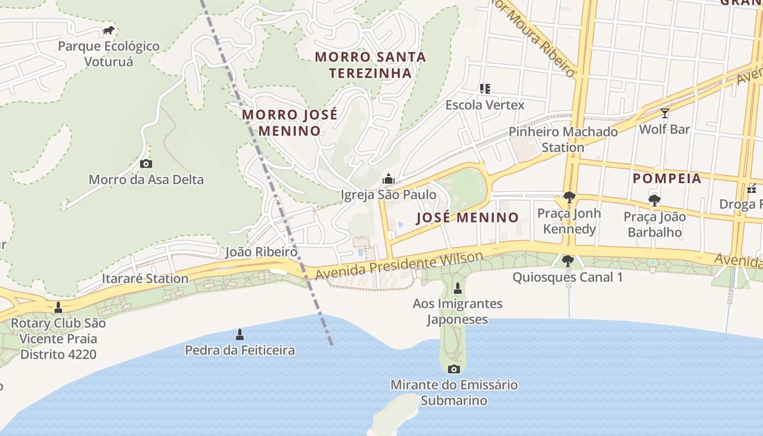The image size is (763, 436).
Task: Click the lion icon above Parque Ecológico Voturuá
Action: coord(108,31)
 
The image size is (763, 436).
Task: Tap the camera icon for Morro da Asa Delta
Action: coord(146,163)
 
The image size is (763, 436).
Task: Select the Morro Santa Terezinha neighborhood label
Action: coord(370,65)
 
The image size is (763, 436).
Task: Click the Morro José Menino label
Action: coord(289,123)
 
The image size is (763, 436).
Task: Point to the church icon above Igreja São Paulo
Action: coord(388,179)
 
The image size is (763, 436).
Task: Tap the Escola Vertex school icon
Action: coord(485,88)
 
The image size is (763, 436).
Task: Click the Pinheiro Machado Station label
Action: coord(563,140)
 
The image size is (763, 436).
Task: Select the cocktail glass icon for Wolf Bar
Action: coord(664,113)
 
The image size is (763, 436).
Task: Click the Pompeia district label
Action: coord(667,179)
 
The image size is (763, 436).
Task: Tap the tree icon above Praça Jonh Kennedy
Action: coord(570,197)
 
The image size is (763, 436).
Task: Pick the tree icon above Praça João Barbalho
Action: coord(655,200)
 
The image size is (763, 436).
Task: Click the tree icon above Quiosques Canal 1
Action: coord(567,261)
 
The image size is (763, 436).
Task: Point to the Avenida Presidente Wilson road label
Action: coord(399,265)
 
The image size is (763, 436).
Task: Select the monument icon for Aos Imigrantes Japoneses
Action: coord(458,288)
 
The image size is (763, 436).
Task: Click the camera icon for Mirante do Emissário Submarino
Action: coord(453,369)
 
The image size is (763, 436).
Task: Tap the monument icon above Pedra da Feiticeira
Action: coord(239,334)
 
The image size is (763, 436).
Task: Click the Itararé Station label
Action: coord(145,278)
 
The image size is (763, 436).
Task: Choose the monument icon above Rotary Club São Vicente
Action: coord(58,307)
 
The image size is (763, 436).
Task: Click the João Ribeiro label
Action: coord(261,252)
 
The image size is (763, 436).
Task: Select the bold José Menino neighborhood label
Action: coord(468,217)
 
